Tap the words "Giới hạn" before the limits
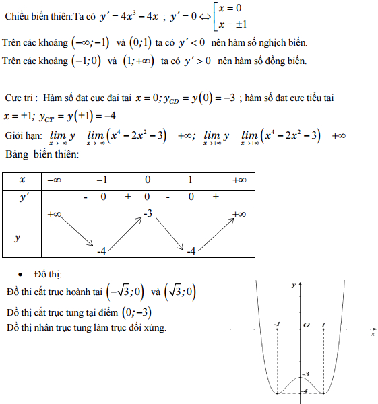coord(23,135)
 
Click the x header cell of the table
coord(22,180)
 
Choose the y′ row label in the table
coord(22,197)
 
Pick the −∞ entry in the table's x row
coord(53,180)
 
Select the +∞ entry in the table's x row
coord(239,180)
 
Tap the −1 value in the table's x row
coord(102,180)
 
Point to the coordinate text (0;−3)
coord(136,312)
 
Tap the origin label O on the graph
coord(306,325)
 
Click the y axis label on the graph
coord(294,286)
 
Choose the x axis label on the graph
coord(372,333)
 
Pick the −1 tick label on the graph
coord(278,325)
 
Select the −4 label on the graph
coord(306,391)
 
